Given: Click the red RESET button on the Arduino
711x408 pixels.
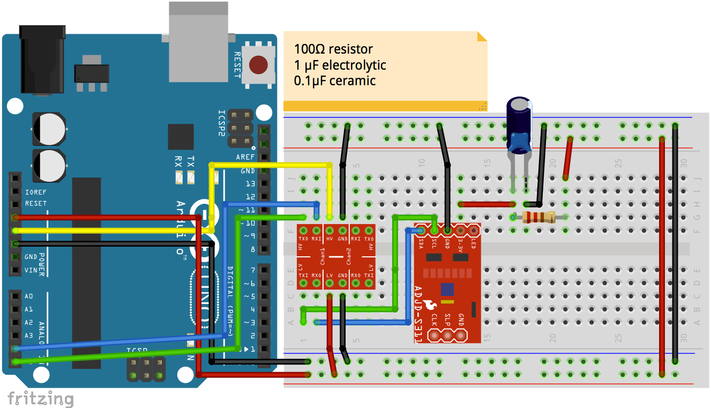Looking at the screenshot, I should (x=259, y=65).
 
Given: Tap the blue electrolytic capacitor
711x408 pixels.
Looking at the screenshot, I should (x=519, y=125).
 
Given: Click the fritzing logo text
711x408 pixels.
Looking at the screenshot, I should (x=40, y=399).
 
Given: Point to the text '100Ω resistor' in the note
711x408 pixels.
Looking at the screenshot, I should (x=333, y=49).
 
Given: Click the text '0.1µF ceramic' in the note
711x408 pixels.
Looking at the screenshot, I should (x=334, y=81).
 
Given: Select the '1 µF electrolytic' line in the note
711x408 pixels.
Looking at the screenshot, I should (x=340, y=65).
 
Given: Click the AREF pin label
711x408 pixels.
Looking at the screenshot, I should (x=245, y=157).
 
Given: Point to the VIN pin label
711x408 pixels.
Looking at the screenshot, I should (x=31, y=270).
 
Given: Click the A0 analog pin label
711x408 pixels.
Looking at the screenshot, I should (x=29, y=296).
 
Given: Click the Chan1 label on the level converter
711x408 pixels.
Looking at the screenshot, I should (x=323, y=256).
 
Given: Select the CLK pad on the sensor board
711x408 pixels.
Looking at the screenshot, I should (x=434, y=336).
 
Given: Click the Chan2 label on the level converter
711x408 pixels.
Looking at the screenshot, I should (x=349, y=256).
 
